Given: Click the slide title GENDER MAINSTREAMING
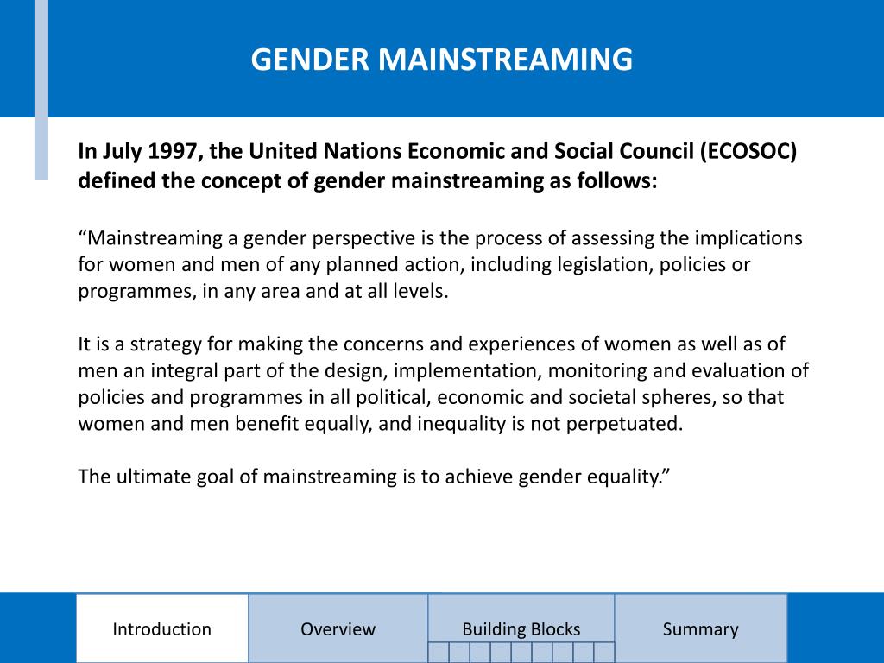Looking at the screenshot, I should click(x=441, y=60).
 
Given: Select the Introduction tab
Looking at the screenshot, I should click(x=161, y=629).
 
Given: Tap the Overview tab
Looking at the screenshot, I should click(x=338, y=629).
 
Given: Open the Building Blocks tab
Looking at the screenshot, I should click(x=521, y=629).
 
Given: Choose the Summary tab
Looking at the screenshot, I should click(x=700, y=629).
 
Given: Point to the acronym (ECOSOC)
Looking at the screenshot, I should click(x=748, y=152).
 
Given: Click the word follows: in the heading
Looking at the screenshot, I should click(x=615, y=181).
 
